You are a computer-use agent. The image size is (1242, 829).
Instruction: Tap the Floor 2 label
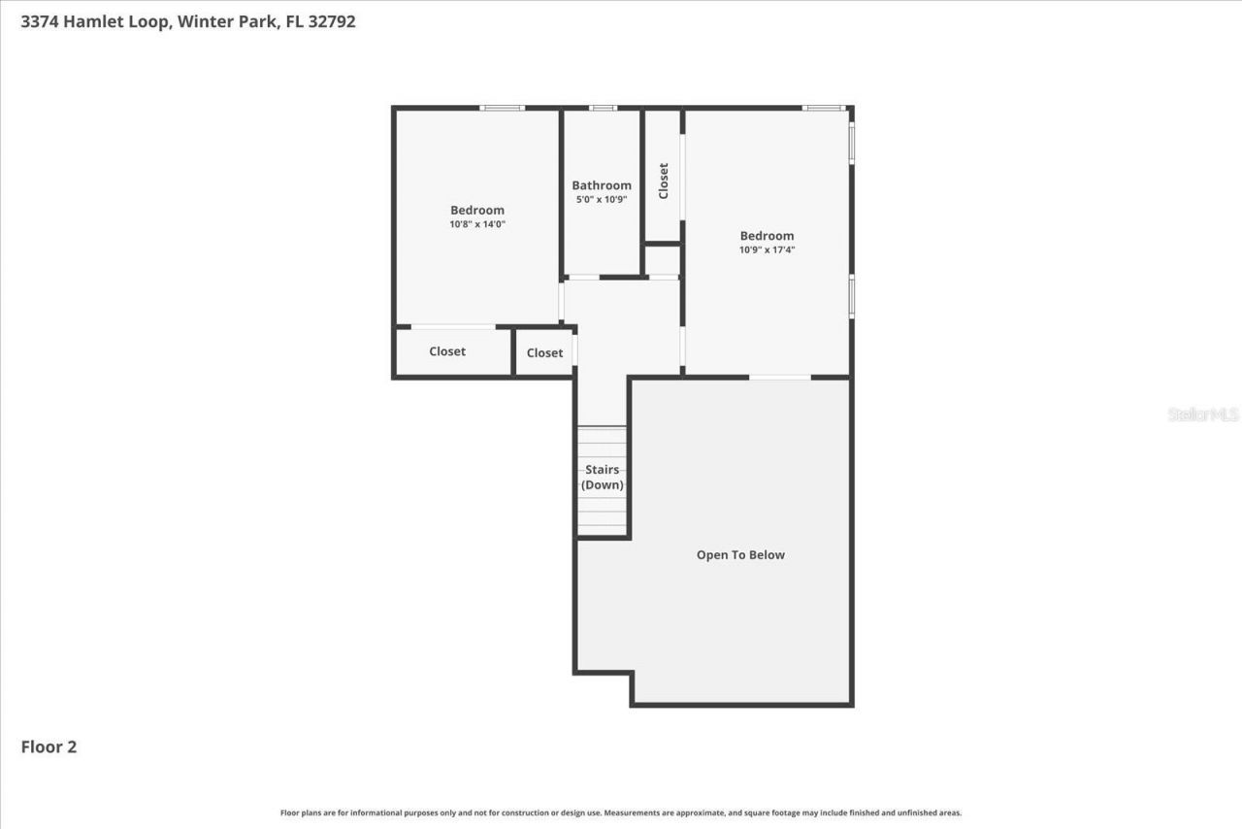click(49, 746)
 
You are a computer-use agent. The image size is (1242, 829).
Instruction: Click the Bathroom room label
click(602, 185)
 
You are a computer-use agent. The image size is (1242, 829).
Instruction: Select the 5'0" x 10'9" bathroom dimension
click(602, 200)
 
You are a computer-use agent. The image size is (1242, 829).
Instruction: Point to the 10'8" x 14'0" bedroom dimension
click(477, 224)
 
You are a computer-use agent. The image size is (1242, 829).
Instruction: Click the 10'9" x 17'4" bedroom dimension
click(767, 249)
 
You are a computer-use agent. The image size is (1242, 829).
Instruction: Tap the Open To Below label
click(740, 555)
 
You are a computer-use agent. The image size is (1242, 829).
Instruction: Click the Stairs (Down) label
click(603, 478)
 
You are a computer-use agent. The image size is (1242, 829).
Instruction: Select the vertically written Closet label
click(664, 181)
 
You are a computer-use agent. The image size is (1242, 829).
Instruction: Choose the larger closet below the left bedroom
click(447, 351)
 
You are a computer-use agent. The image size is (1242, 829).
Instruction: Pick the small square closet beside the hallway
click(544, 352)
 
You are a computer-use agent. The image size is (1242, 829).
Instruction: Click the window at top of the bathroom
click(603, 108)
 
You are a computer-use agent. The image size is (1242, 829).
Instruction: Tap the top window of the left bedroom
click(503, 108)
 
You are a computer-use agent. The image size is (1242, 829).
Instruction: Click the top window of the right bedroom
click(823, 108)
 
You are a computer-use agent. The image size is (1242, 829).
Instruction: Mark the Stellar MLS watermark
click(1203, 414)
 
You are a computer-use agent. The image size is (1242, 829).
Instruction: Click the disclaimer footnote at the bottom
click(621, 812)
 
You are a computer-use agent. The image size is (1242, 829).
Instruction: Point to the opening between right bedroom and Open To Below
click(779, 377)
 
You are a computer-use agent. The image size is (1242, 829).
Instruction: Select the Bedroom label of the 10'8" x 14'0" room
click(477, 210)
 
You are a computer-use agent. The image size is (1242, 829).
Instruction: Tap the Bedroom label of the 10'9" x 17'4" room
click(767, 235)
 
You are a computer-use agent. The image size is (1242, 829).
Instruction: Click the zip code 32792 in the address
click(332, 21)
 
